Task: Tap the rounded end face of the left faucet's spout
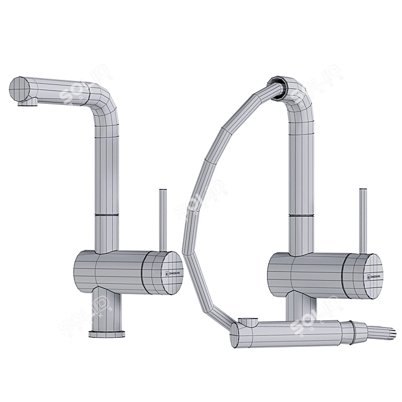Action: coord(18,90)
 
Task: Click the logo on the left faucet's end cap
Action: coord(167,273)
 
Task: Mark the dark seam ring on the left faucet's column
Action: coord(106,214)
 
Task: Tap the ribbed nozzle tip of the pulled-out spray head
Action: coord(382,331)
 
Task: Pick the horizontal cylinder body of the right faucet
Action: coord(312,273)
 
